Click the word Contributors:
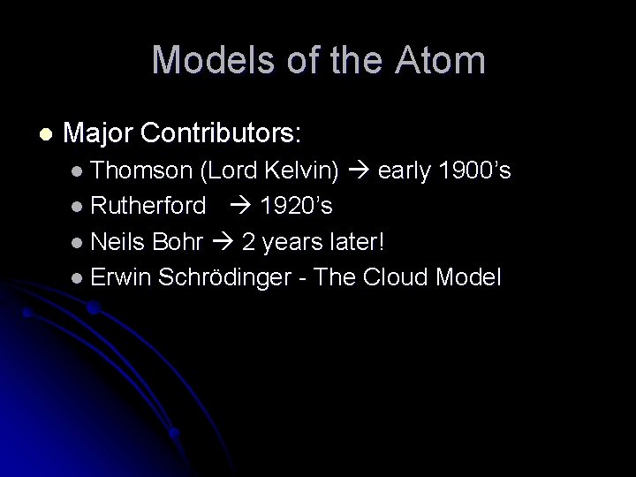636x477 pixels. (x=221, y=133)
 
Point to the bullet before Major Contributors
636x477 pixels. (x=46, y=134)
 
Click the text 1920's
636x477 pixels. (x=296, y=207)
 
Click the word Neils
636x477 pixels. (x=118, y=242)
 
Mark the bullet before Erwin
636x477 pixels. (x=78, y=278)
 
